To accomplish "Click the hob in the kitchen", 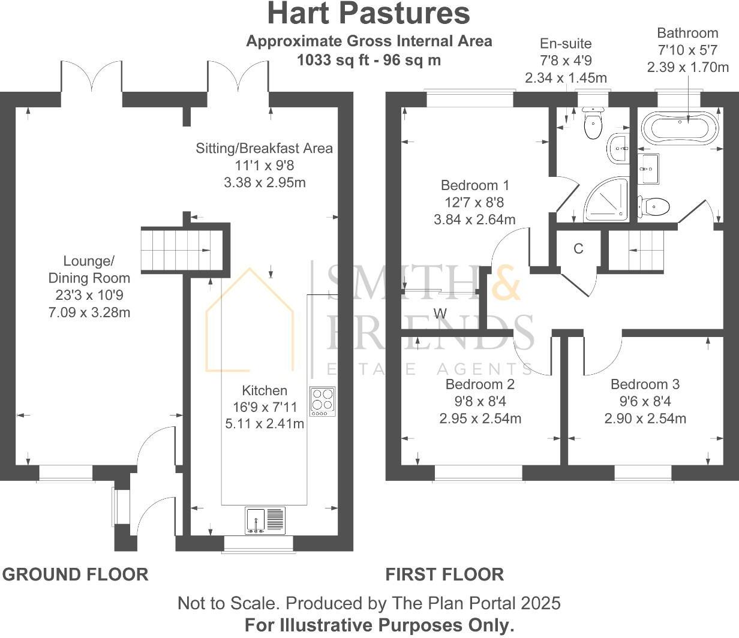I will point(323,401).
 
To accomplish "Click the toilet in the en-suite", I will point(593,124).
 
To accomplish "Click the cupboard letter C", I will point(578,249).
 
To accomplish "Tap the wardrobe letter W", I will point(440,313).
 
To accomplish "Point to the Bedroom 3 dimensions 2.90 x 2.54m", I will point(645,419).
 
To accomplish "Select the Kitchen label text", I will point(265,390).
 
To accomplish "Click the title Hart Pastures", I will point(368,14).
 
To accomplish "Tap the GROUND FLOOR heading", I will point(76,574).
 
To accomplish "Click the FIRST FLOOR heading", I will point(444,574).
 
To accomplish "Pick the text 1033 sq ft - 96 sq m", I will point(369,60).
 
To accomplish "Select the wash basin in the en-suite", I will point(618,148).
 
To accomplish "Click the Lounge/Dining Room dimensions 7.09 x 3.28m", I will point(89,312).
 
